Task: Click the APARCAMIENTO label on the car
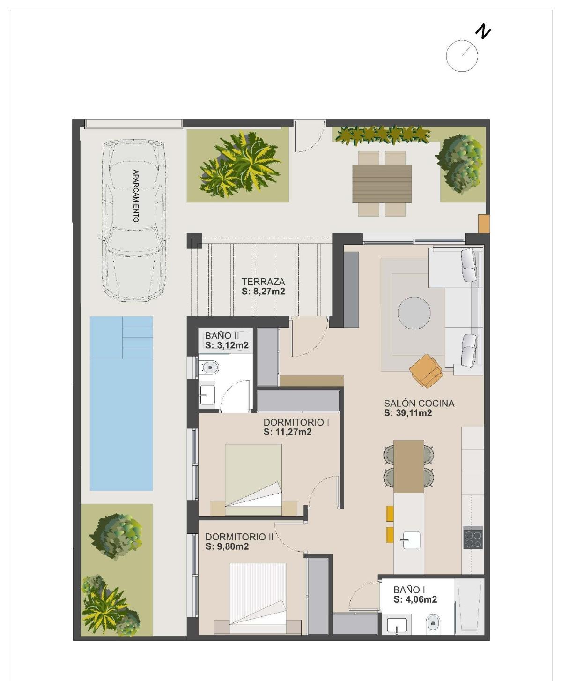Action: [135, 196]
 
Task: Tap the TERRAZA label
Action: [263, 282]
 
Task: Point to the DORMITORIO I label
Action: [296, 422]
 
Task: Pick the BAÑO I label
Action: [409, 590]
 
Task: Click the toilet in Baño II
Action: [209, 367]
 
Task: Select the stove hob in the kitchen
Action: [473, 538]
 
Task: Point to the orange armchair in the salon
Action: [426, 370]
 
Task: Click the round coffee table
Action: [414, 313]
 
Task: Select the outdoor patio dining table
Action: [382, 183]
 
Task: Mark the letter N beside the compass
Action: [483, 32]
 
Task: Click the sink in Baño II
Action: [206, 394]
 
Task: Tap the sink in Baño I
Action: [397, 626]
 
